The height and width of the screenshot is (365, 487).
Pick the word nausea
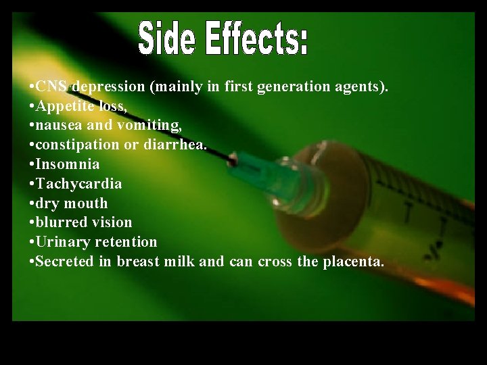tap(55, 126)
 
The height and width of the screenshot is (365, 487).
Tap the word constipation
tap(75, 145)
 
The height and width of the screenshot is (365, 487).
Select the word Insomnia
tap(67, 164)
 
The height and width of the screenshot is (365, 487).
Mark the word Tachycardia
tap(78, 184)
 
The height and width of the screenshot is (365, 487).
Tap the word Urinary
tap(60, 242)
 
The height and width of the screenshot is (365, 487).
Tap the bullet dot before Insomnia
tap(32, 164)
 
